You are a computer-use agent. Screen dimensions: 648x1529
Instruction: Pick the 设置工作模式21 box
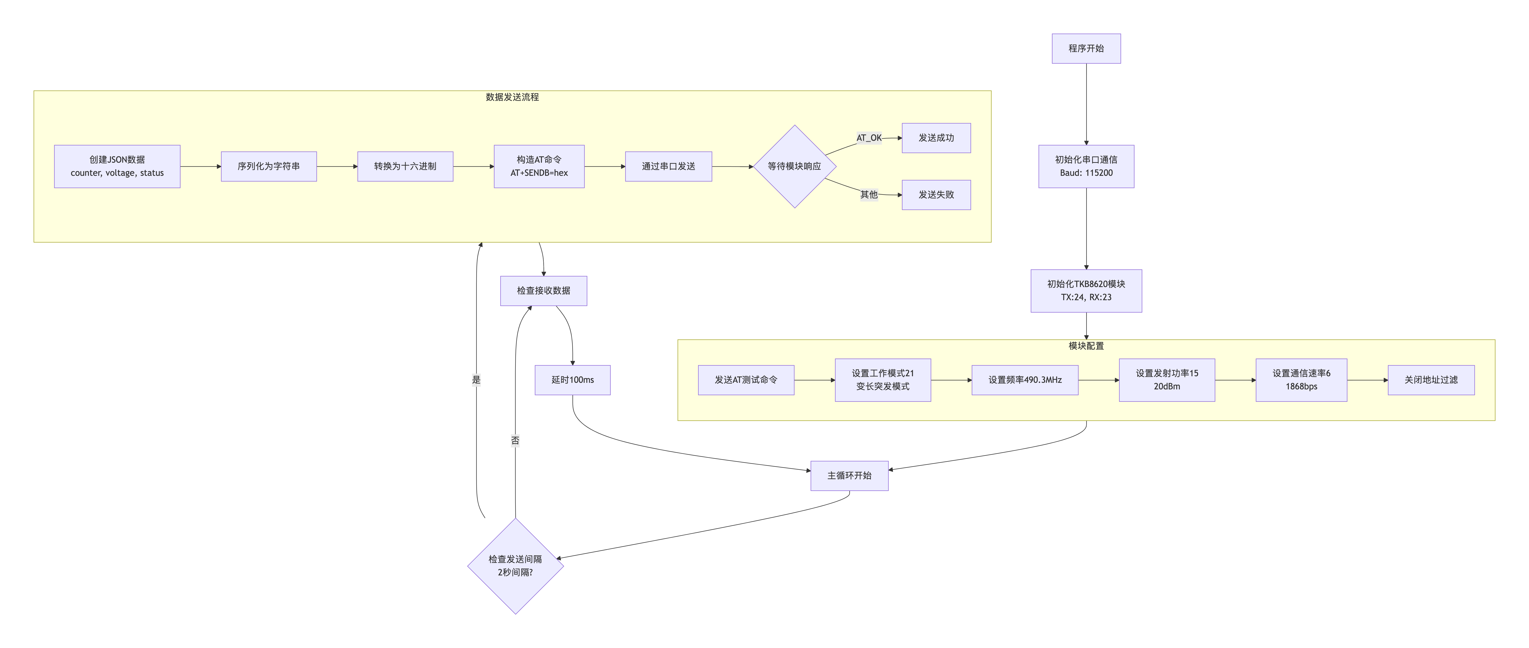point(883,380)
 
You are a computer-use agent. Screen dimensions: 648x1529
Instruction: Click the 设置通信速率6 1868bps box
point(1301,380)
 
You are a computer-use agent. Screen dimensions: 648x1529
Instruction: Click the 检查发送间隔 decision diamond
point(515,566)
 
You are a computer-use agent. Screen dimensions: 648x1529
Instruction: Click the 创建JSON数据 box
point(117,166)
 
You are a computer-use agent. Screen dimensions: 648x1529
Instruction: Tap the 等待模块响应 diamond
point(794,166)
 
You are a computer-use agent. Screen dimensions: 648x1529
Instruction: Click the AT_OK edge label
point(868,138)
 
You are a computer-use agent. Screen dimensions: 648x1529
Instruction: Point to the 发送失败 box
point(936,195)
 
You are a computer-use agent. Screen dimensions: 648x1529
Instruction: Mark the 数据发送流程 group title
point(512,97)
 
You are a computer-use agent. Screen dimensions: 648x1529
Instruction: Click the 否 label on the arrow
point(515,440)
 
